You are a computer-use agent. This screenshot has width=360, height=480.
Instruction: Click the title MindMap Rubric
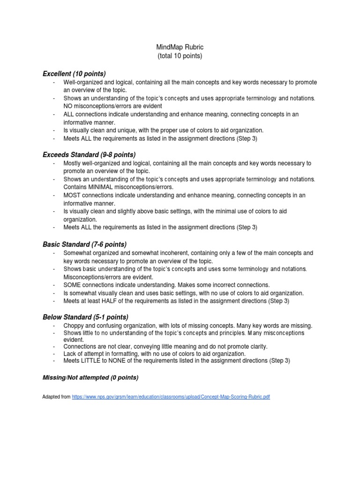pos(180,47)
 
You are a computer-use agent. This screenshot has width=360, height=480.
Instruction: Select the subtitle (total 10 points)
pos(180,56)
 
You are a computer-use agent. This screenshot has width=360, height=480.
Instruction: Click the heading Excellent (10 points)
pos(74,74)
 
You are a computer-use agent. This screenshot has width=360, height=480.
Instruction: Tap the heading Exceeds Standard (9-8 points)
pos(89,154)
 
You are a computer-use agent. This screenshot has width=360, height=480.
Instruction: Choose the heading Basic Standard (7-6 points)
pos(84,244)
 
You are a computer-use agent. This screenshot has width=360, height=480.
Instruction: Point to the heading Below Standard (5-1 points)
pos(85,317)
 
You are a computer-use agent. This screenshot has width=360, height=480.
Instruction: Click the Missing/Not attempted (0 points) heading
pos(90,378)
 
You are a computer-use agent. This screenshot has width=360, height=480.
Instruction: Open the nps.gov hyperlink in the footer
pos(171,397)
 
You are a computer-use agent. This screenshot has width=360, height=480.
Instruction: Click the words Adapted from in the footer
pos(56,397)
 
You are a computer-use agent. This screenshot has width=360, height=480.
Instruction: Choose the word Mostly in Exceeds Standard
pos(73,163)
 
